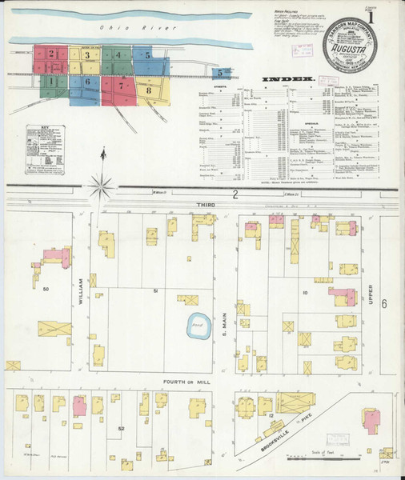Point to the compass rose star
pyautogui.click(x=102, y=188)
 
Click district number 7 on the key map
pyautogui.click(x=121, y=85)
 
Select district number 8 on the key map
pyautogui.click(x=149, y=90)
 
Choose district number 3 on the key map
pyautogui.click(x=86, y=55)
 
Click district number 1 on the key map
pyautogui.click(x=50, y=80)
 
